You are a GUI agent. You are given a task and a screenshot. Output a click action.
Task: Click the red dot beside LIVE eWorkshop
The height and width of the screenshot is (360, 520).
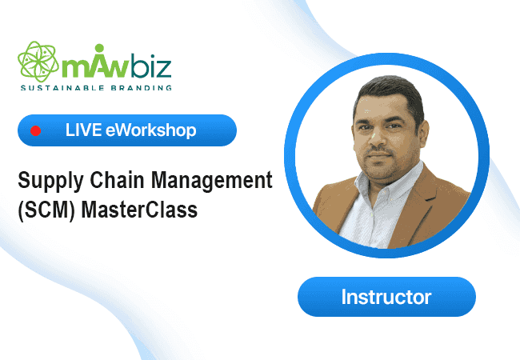(x=35, y=131)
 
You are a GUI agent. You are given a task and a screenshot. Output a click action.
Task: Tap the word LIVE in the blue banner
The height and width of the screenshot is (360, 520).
(x=83, y=130)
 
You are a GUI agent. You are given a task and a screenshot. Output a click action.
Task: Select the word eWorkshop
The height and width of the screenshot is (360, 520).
(x=151, y=130)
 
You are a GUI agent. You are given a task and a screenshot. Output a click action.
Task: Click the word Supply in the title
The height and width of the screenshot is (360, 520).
(x=50, y=182)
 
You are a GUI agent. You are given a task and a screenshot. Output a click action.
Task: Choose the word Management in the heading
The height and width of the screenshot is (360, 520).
(x=212, y=182)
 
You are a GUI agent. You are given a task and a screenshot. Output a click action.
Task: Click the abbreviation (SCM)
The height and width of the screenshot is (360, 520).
(x=46, y=210)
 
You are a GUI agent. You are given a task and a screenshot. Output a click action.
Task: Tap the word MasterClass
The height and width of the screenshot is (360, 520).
(x=139, y=210)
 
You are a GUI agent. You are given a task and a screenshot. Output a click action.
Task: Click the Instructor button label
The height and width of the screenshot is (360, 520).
(x=386, y=297)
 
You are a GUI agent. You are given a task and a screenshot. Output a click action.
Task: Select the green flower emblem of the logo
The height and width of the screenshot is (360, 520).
(x=39, y=62)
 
